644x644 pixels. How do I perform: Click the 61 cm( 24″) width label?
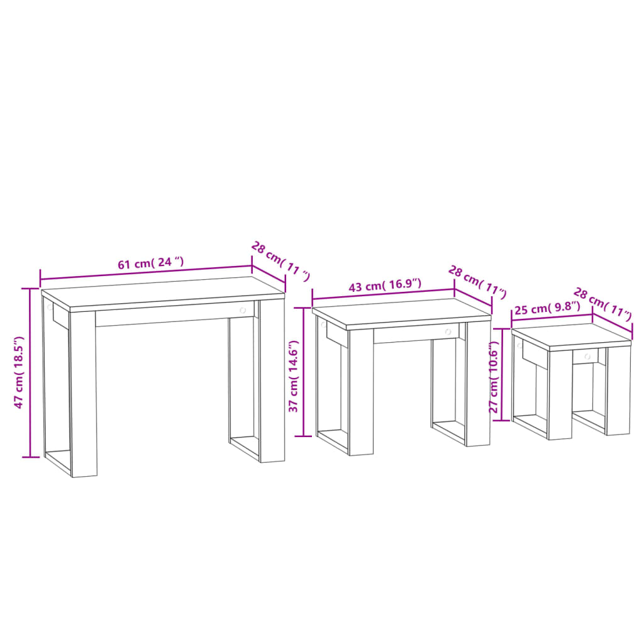(x=151, y=264)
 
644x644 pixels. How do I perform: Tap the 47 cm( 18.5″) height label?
(x=19, y=372)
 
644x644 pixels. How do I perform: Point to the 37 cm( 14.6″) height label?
(x=293, y=377)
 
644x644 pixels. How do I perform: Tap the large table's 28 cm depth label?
(x=280, y=261)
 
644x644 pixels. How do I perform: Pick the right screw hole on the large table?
(x=243, y=310)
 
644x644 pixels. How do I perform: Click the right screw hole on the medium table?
(x=448, y=331)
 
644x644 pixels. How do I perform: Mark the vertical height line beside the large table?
(x=30, y=372)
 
